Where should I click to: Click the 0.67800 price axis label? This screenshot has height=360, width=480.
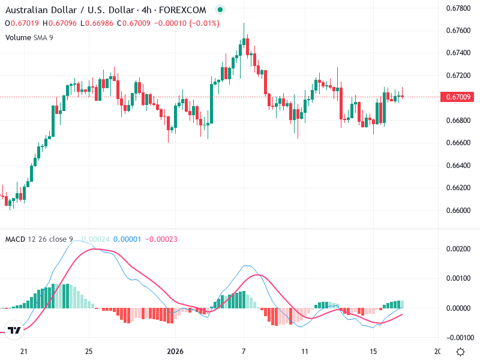click(458, 8)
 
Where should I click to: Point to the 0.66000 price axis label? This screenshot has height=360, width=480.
click(458, 211)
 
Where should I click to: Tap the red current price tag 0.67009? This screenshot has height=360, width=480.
click(458, 97)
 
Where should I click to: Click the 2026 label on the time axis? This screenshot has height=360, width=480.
click(175, 351)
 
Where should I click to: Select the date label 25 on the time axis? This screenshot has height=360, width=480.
click(89, 351)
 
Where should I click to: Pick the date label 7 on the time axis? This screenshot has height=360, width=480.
click(244, 351)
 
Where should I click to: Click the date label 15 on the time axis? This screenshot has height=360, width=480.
click(373, 351)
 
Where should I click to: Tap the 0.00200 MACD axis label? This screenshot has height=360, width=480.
click(458, 248)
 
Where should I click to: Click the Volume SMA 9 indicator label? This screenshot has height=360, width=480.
click(29, 37)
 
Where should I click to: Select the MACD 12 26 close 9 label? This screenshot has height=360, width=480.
click(39, 239)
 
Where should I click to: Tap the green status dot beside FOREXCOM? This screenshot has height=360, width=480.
click(220, 10)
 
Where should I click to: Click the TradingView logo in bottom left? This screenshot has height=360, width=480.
click(15, 331)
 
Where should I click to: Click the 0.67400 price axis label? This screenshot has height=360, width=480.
click(458, 53)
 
